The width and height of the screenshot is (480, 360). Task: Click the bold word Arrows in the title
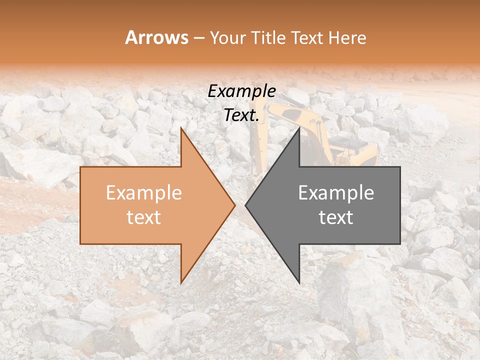tap(156, 37)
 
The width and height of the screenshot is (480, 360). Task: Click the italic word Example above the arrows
tap(241, 91)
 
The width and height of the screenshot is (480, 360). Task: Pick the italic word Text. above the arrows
tap(241, 115)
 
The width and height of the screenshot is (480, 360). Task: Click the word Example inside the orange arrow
tap(143, 193)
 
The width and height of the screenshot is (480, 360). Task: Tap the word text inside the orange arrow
tap(143, 217)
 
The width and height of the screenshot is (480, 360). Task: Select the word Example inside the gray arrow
tap(336, 193)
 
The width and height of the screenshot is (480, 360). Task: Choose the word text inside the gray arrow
tap(336, 217)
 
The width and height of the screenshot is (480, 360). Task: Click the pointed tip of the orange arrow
tap(234, 205)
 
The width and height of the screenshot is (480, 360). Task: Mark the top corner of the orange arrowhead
tap(181, 128)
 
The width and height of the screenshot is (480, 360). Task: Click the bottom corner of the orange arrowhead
tap(181, 282)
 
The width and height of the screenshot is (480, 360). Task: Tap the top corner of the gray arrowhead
tap(299, 128)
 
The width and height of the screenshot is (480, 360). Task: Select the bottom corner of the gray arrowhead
tap(299, 282)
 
